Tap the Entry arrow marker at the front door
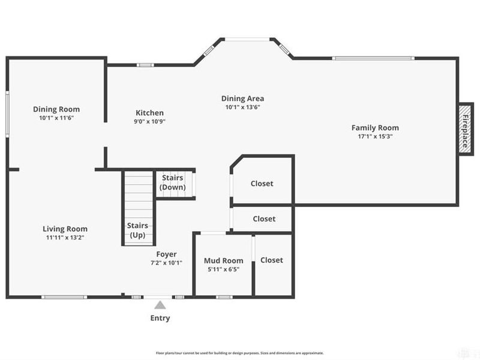click(x=160, y=305)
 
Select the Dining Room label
click(x=56, y=109)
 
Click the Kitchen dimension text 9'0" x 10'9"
click(x=149, y=121)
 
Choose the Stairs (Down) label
click(x=172, y=182)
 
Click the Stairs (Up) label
click(x=137, y=230)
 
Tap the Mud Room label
click(x=223, y=260)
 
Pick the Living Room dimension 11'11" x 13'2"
click(x=65, y=237)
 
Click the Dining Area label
click(x=242, y=98)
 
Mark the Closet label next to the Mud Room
click(x=272, y=260)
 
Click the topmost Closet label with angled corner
click(x=262, y=183)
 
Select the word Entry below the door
click(x=160, y=318)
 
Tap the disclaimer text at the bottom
click(x=240, y=353)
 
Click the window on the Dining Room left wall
click(x=7, y=114)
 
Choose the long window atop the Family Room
click(x=373, y=58)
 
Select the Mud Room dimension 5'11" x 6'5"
click(x=223, y=269)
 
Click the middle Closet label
click(x=264, y=218)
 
